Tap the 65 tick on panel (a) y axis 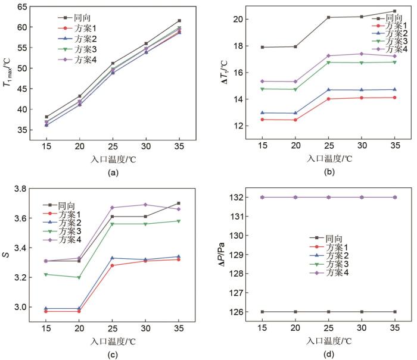pos(23,7)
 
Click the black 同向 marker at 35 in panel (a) pos(179,21)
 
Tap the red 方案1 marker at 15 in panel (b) pos(263,120)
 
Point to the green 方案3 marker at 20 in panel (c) pos(79,277)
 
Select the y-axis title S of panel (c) pos(6,255)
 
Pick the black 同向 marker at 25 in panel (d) pos(328,312)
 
